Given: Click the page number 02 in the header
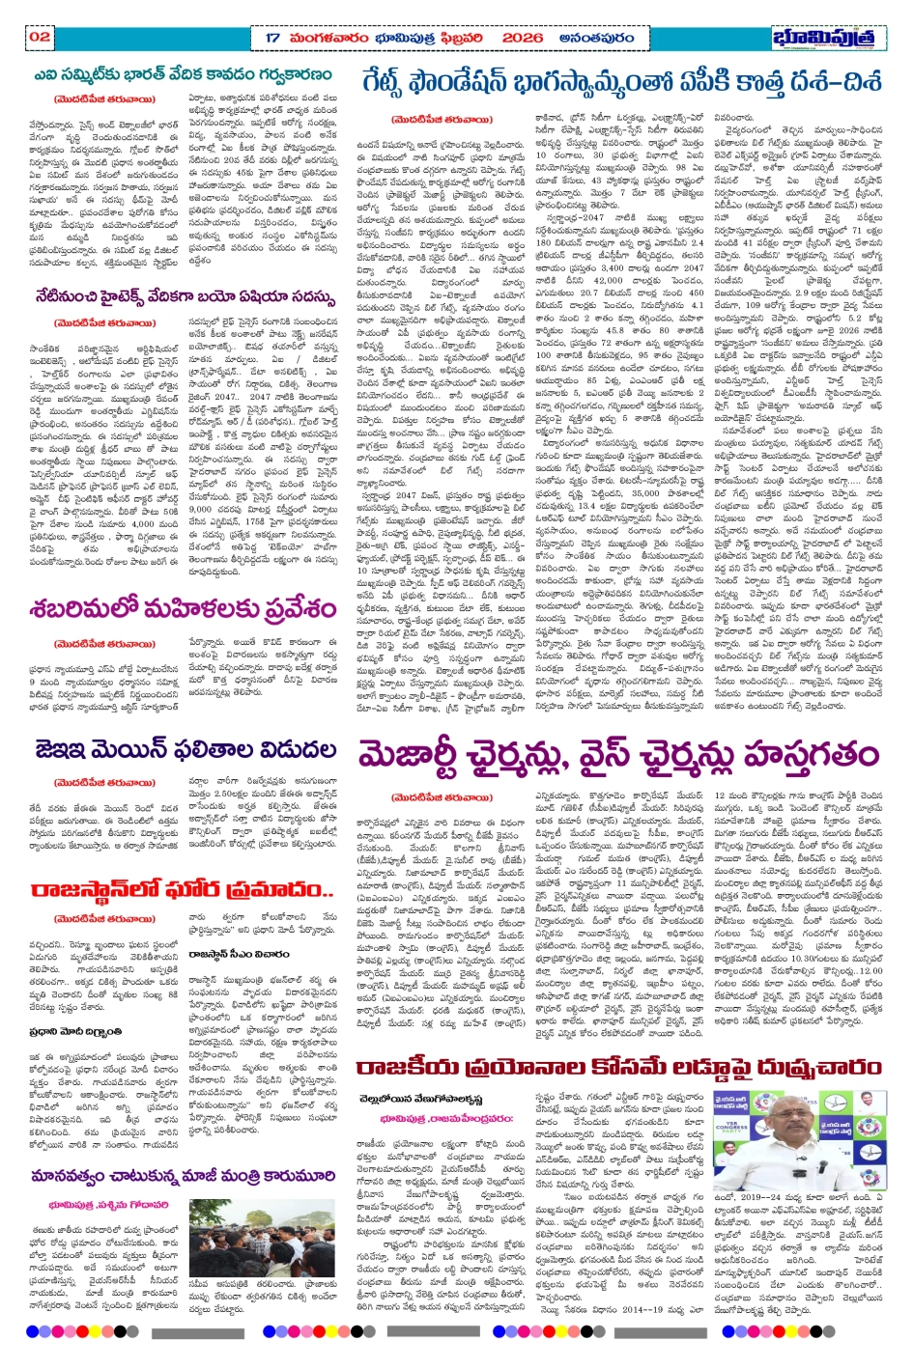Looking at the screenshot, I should (40, 37).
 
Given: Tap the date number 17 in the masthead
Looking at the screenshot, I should (272, 38).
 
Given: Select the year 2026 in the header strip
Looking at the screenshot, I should (523, 38).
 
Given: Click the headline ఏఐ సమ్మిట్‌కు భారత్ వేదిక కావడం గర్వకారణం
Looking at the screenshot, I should (183, 74).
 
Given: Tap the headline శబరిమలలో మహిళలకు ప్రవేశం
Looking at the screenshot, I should (183, 610).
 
